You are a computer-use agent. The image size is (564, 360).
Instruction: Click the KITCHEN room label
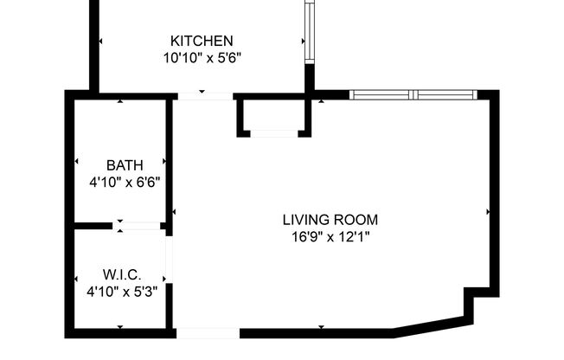(x=201, y=41)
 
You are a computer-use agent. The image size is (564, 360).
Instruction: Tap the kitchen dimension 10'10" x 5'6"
(x=201, y=58)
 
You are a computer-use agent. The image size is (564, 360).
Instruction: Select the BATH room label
(x=125, y=164)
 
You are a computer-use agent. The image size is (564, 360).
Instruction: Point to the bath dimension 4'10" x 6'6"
(x=125, y=182)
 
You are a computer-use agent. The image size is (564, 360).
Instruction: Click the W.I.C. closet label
(x=122, y=274)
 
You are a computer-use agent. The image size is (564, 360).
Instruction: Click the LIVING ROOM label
(x=330, y=220)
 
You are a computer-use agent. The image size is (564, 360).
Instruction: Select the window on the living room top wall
(x=413, y=94)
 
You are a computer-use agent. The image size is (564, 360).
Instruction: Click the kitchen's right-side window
(x=309, y=30)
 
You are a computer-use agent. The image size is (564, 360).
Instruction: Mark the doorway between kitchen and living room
(x=205, y=95)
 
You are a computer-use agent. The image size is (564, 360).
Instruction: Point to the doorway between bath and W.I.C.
(x=139, y=226)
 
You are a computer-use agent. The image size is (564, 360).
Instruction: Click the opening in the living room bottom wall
(x=208, y=333)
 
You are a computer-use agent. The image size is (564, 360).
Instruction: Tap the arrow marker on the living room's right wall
(x=489, y=210)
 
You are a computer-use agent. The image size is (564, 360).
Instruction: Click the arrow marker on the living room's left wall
(x=175, y=211)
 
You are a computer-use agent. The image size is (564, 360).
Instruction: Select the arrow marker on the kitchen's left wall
(x=100, y=41)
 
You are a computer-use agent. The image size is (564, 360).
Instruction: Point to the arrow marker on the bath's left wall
(x=77, y=161)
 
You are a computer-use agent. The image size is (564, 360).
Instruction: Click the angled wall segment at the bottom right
(x=430, y=327)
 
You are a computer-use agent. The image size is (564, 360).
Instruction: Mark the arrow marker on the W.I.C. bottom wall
(x=120, y=327)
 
